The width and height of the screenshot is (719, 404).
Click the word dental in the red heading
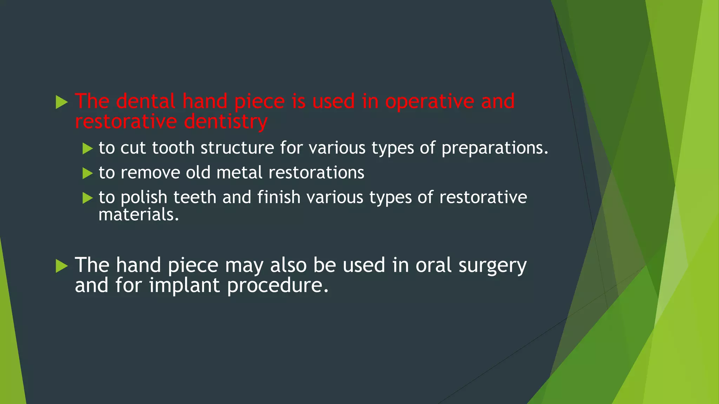click(145, 101)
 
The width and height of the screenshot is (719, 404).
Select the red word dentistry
click(226, 122)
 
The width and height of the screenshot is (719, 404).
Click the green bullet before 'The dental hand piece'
click(62, 102)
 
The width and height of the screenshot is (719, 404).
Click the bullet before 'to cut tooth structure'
click(87, 148)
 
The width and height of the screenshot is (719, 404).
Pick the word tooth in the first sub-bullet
click(173, 148)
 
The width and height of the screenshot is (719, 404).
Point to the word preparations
click(494, 148)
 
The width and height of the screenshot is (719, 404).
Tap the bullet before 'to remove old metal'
click(87, 173)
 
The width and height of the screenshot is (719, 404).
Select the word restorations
click(316, 173)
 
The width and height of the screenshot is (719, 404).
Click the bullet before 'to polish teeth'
click(87, 198)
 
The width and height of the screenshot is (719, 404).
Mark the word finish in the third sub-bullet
click(279, 197)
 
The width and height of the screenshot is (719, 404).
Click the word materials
click(138, 215)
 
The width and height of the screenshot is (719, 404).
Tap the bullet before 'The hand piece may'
click(62, 266)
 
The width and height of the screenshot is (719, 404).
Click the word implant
click(184, 285)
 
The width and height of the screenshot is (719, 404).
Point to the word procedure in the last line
click(277, 286)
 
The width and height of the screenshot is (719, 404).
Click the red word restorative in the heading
click(126, 122)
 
